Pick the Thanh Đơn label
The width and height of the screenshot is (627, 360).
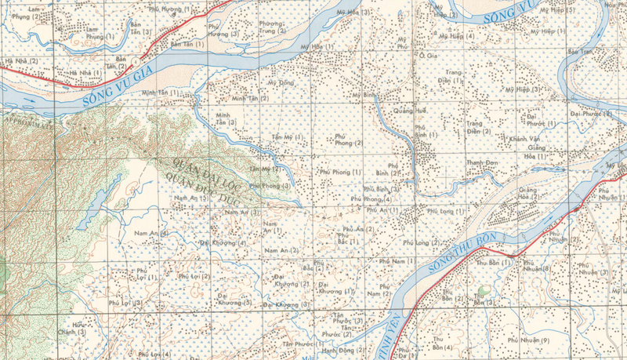[x=482, y=162]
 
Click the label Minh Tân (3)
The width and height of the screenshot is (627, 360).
[x=226, y=118]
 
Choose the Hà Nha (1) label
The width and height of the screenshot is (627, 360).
[x=85, y=72]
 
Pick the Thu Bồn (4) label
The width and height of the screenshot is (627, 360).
[x=442, y=343]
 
